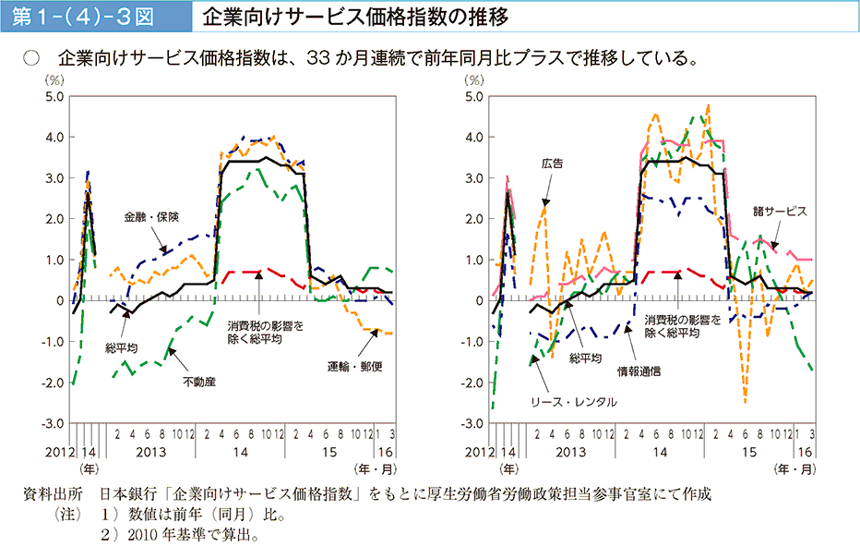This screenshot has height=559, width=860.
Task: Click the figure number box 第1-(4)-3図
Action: tap(89, 17)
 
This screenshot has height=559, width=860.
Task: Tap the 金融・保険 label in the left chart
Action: tap(151, 217)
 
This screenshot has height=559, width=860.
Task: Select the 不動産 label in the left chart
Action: tap(198, 381)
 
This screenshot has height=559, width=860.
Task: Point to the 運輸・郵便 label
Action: tap(354, 367)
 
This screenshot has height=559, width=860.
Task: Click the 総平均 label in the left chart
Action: tap(121, 348)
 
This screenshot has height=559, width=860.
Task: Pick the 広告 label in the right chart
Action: tap(553, 163)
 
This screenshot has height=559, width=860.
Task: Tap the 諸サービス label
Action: tap(780, 211)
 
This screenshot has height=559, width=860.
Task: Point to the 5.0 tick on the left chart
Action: tap(54, 96)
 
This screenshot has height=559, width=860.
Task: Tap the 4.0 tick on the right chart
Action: tap(474, 137)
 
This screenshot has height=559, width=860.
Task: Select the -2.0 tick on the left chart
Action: tap(52, 383)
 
